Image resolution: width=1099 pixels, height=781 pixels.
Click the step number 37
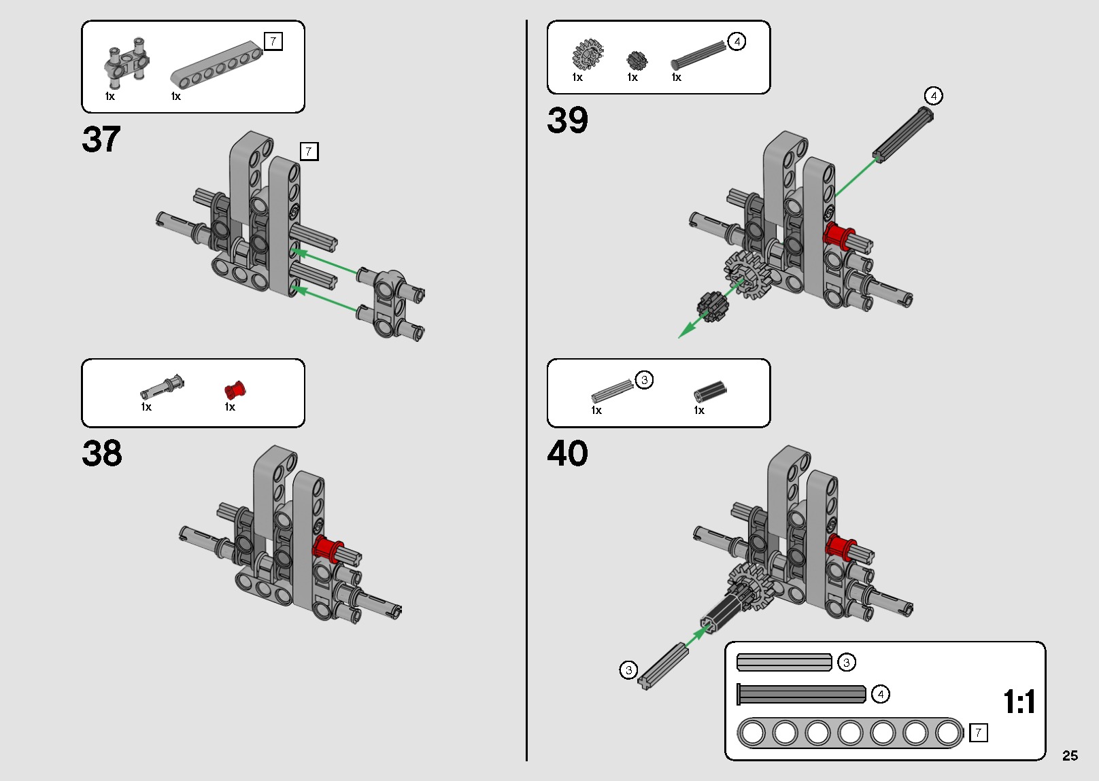pos(101,139)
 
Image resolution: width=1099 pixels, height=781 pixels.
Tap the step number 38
pos(102,453)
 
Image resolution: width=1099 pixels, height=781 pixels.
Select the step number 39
pos(567,120)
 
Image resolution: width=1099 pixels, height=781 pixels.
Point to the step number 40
pos(567,453)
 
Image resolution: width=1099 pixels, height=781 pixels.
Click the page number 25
pos(1070,755)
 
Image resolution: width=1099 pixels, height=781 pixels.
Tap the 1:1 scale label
pos(1019,701)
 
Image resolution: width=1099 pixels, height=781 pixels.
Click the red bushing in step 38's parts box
pos(235,390)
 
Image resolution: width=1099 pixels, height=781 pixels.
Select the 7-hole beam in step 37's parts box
pos(216,65)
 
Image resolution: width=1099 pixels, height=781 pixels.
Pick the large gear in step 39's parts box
pos(588,54)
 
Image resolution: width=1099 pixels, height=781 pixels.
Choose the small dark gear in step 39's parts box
pos(637,60)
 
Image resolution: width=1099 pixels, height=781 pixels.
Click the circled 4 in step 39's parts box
pos(737,41)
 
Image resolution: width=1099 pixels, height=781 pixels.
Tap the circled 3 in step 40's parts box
pos(644,380)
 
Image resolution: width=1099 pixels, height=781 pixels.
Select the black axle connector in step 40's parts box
pos(709,392)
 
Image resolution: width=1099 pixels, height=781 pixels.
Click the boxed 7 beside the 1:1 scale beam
pos(978,732)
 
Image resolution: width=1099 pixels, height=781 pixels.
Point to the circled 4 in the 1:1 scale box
pos(881,694)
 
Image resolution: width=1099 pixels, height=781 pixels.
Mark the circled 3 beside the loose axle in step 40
pos(628,670)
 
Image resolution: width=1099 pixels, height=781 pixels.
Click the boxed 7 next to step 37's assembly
pos(309,151)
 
